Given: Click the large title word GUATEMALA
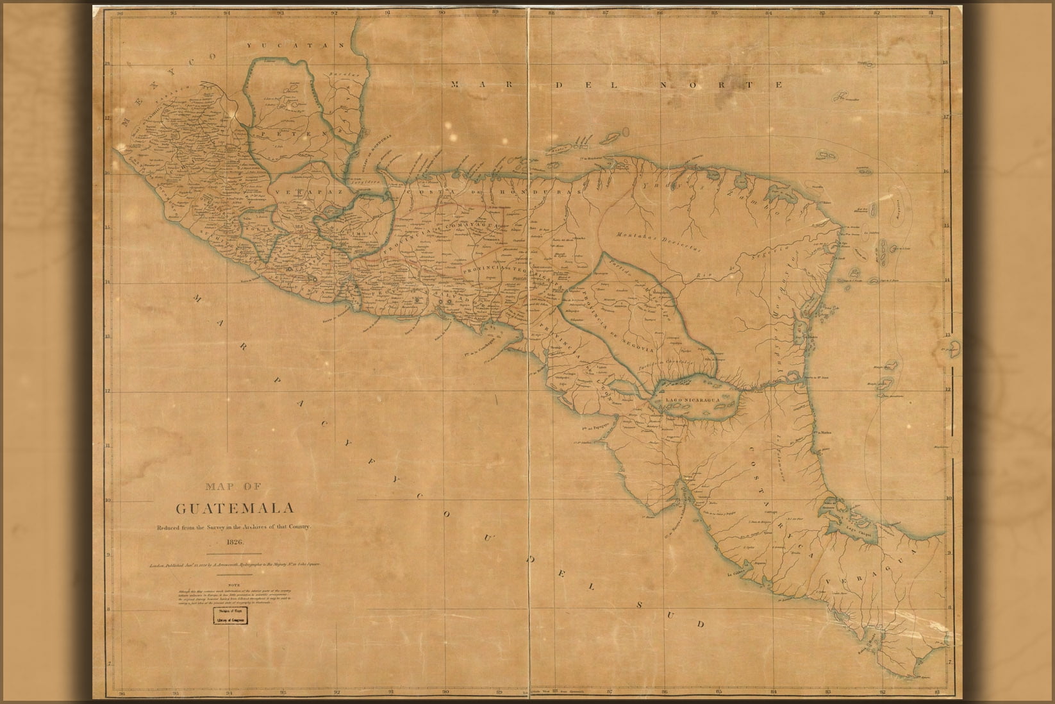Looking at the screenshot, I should [235, 508].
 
